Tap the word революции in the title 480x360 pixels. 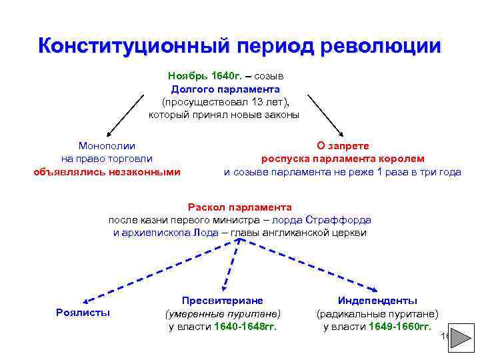click(x=381, y=46)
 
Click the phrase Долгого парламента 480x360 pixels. click(x=225, y=89)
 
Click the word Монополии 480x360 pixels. click(x=107, y=145)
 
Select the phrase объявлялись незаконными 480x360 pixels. click(x=107, y=171)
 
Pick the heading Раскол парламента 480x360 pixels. click(x=239, y=207)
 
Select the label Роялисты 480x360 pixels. click(x=83, y=313)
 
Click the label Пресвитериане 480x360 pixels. click(x=223, y=301)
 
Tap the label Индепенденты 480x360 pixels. click(x=377, y=301)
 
